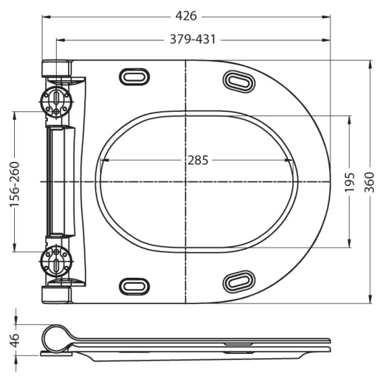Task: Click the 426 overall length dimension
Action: [186, 16]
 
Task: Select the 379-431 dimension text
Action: [193, 39]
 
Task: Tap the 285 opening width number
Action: [198, 160]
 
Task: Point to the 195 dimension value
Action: [349, 182]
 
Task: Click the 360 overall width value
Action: [370, 182]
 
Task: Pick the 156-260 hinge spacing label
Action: [14, 184]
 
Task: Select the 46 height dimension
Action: [15, 341]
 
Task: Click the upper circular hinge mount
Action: [56, 102]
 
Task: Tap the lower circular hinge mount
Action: [56, 262]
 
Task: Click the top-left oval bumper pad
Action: [134, 77]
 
